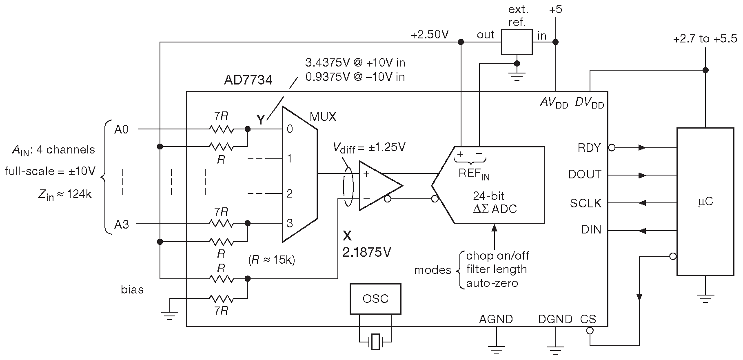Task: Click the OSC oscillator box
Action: pyautogui.click(x=375, y=299)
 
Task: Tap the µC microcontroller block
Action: pyautogui.click(x=705, y=202)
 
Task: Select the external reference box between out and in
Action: pyautogui.click(x=517, y=42)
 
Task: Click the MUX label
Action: pyautogui.click(x=323, y=117)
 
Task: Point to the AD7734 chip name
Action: pyautogui.click(x=248, y=80)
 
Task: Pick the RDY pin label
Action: pyautogui.click(x=589, y=148)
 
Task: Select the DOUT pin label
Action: pyautogui.click(x=585, y=175)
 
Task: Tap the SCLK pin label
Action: pyautogui.click(x=586, y=203)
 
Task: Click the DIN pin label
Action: pyautogui.click(x=592, y=230)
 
